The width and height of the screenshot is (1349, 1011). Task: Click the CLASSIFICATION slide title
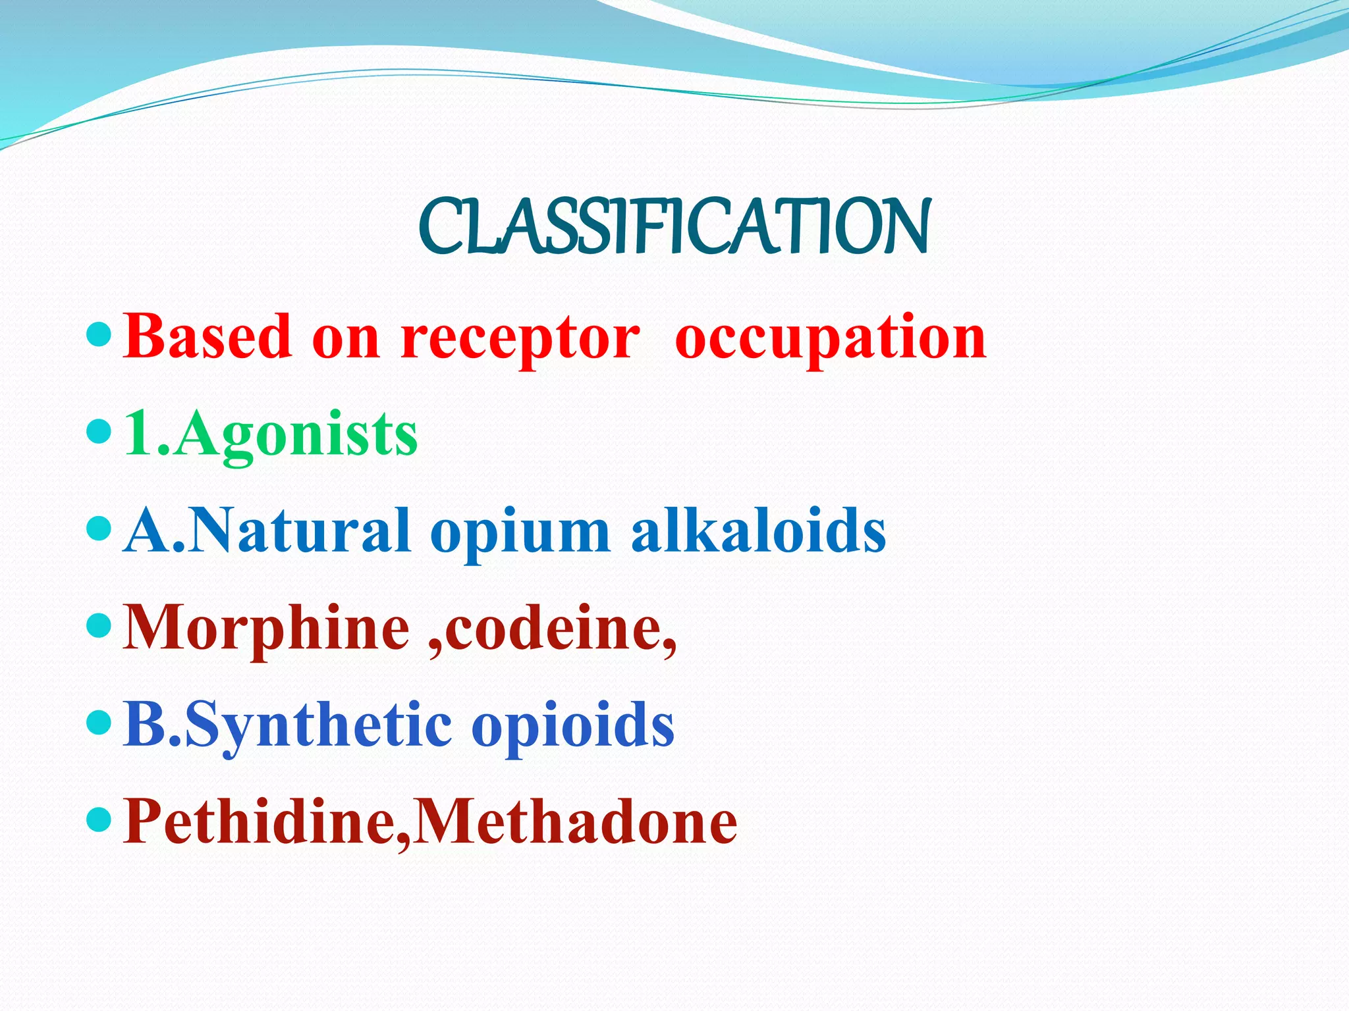tap(674, 227)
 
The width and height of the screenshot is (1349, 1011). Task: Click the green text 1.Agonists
tap(271, 434)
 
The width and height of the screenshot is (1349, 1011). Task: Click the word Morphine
tap(267, 629)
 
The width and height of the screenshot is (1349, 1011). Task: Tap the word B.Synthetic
tap(287, 726)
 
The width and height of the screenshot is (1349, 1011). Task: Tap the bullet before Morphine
tap(99, 626)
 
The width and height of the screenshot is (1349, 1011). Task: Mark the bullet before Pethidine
tap(99, 820)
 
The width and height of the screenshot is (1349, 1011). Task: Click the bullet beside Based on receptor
tap(99, 336)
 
